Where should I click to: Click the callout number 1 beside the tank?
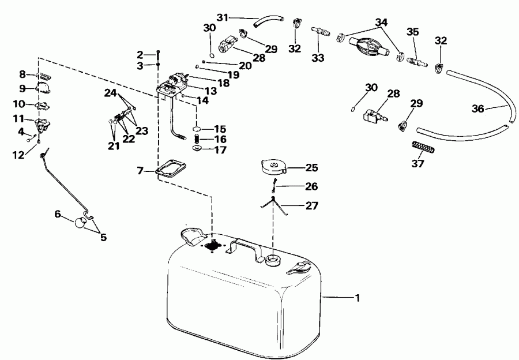click(357, 298)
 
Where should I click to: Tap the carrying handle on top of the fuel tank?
click(243, 247)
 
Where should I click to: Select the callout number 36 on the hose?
click(477, 108)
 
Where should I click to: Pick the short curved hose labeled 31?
click(266, 22)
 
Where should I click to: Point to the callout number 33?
click(318, 58)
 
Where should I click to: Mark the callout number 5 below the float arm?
click(103, 237)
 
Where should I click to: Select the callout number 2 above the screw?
click(140, 55)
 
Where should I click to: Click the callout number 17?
click(220, 151)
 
